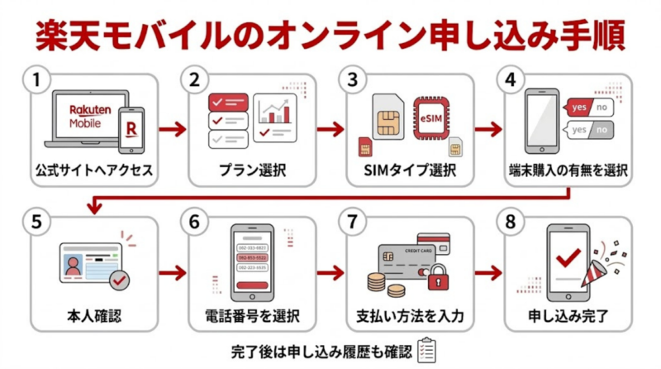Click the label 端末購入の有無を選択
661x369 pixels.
coord(568,172)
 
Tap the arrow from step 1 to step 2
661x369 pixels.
coord(171,129)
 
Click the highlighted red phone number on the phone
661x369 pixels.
coord(252,256)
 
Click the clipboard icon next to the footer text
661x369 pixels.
coord(426,350)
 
